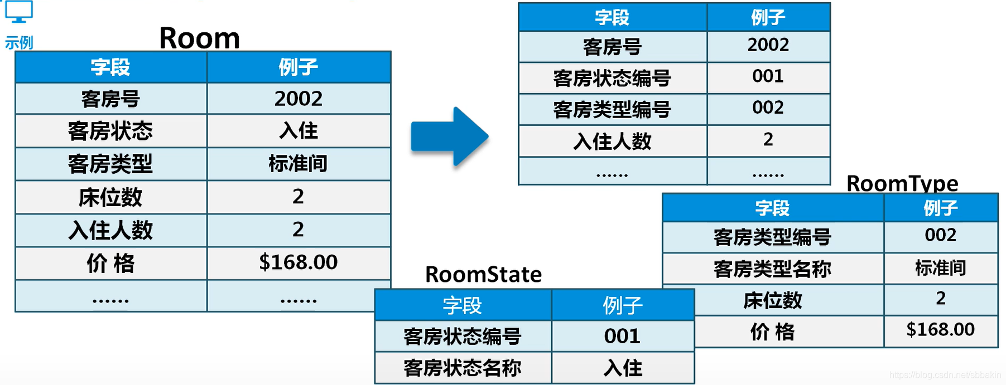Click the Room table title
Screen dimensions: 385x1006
[x=199, y=38]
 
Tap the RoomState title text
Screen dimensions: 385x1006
[x=483, y=274]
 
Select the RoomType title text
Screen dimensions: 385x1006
[x=902, y=183]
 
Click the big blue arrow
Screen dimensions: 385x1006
[x=450, y=137]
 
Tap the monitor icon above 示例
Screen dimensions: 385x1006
[x=19, y=12]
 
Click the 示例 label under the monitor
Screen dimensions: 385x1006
[x=19, y=42]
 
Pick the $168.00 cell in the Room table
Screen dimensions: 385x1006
[x=299, y=262]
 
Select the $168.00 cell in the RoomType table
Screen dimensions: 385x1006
[x=940, y=330]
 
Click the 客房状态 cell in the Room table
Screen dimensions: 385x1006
[x=110, y=131]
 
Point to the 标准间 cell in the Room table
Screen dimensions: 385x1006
[x=299, y=164]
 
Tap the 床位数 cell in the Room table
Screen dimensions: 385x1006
[x=110, y=197]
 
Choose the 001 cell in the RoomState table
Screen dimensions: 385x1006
[x=622, y=336]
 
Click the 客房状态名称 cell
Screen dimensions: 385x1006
[x=462, y=368]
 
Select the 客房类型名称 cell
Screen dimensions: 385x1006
[x=772, y=269]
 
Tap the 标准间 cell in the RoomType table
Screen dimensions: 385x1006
[x=940, y=268]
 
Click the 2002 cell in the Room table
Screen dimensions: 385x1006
[x=299, y=99]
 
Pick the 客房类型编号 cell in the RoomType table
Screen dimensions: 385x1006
[x=772, y=237]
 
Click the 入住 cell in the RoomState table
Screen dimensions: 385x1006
[x=622, y=368]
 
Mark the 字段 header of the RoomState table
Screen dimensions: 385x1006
[x=462, y=305]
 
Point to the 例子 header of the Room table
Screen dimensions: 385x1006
[x=299, y=67]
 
